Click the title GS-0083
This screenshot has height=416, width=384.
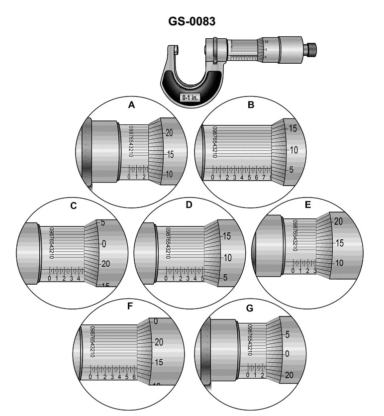[192, 22]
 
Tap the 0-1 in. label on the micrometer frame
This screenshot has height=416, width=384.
[191, 98]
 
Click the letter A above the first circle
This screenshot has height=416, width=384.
[131, 105]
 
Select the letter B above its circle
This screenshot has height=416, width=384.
[251, 105]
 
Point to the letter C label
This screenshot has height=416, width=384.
[73, 206]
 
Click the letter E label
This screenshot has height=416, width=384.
[308, 206]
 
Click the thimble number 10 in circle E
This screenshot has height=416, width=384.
[340, 262]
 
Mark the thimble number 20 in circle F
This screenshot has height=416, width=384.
[159, 342]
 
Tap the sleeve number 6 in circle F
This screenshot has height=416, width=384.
[134, 377]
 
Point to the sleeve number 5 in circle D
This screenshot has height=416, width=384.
[202, 278]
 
